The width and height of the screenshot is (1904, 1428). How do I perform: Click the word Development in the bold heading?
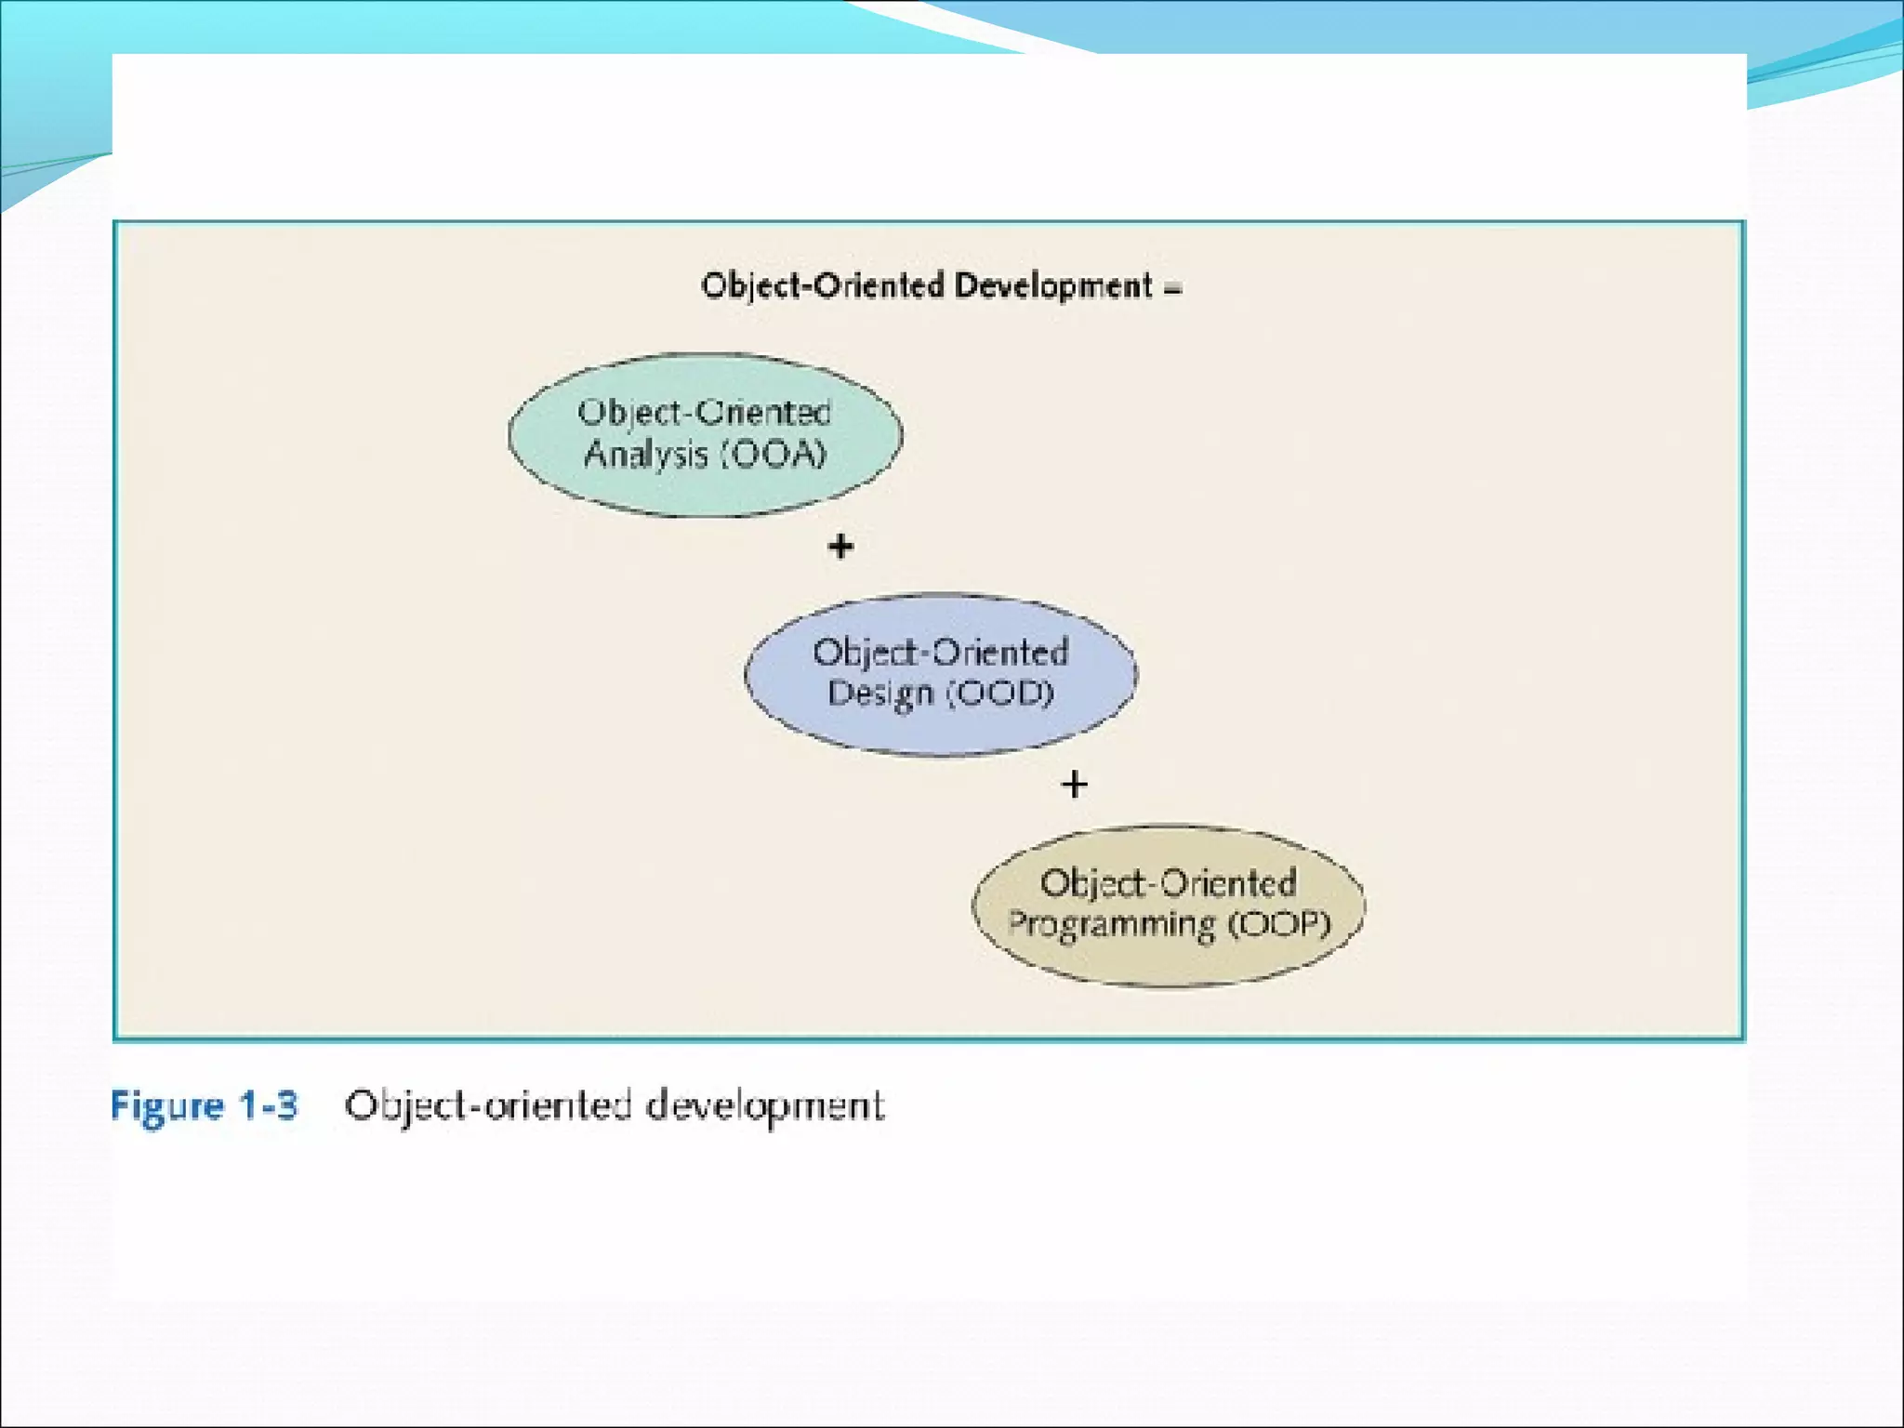[x=1053, y=285]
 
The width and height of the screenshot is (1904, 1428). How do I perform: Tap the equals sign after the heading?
[x=1172, y=289]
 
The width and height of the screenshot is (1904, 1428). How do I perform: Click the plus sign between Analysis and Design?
[x=840, y=546]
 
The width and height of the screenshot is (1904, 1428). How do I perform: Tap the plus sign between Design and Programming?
[x=1074, y=785]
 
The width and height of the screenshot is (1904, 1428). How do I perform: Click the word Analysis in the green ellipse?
[x=645, y=455]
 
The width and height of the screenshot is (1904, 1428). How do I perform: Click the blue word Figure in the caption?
[x=167, y=1106]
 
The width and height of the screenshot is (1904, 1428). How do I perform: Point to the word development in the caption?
[x=764, y=1106]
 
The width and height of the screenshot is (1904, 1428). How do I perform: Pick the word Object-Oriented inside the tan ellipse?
[x=1168, y=882]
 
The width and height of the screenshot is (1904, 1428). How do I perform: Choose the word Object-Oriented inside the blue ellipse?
[x=940, y=652]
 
